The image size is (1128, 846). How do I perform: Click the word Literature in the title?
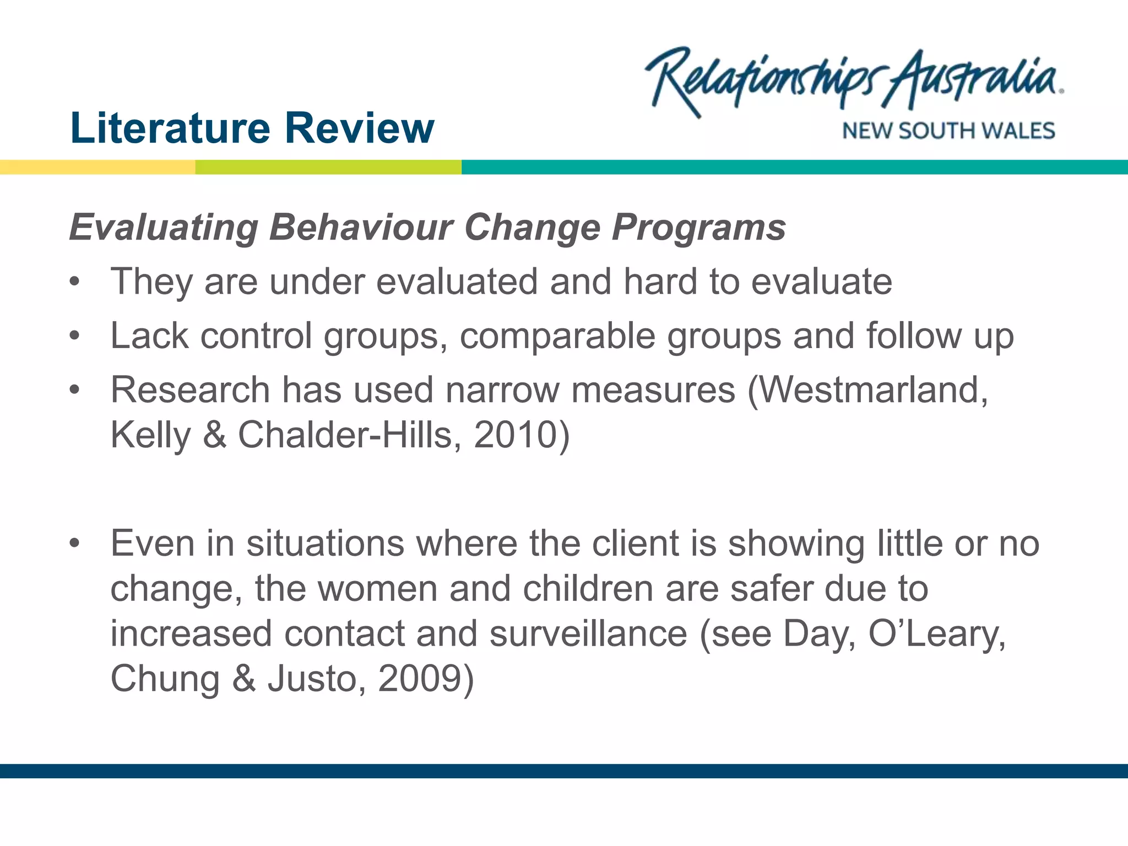[x=170, y=128]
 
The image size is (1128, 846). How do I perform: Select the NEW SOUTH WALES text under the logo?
[x=948, y=131]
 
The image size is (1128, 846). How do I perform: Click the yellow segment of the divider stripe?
[x=97, y=167]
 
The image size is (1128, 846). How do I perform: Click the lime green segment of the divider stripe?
[x=328, y=167]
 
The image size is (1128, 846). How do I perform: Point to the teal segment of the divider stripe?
[x=793, y=167]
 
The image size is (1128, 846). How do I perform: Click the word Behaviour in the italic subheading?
[x=361, y=227]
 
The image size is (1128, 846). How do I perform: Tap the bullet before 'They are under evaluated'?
[x=75, y=282]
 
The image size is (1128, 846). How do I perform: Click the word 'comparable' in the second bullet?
[x=557, y=336]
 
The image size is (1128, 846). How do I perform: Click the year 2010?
[x=516, y=435]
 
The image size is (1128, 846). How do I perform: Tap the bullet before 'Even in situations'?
[x=75, y=544]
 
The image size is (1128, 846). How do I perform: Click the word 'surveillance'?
[x=588, y=633]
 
